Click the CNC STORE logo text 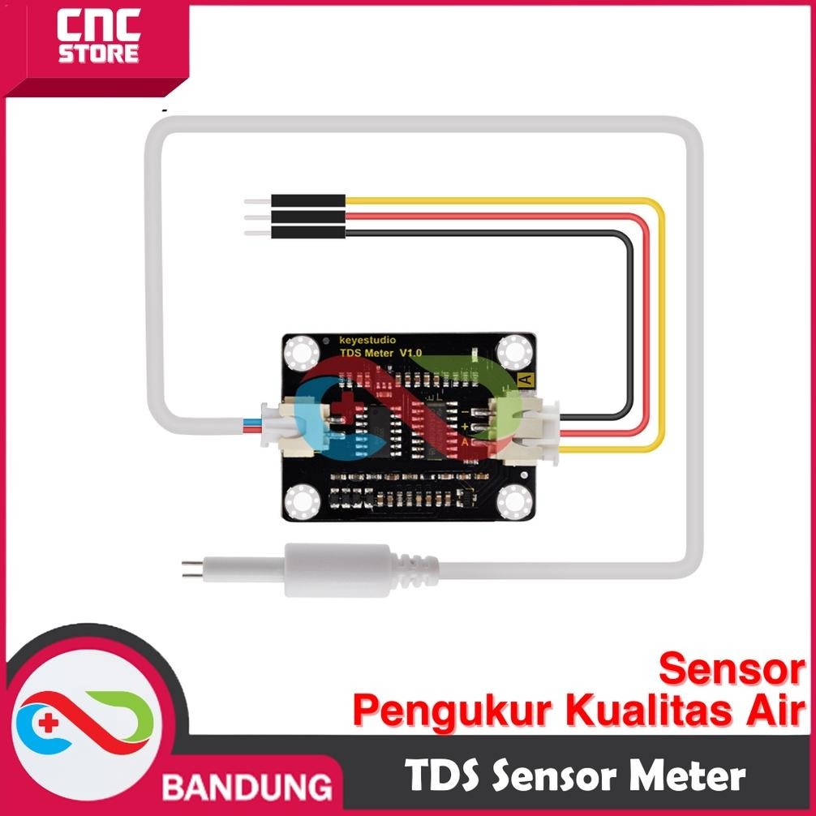(99, 41)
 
